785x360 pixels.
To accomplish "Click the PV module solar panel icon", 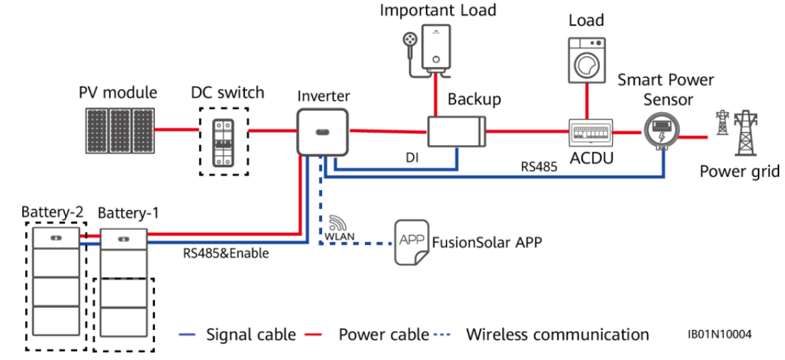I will [x=119, y=130].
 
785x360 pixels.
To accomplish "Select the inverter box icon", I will [x=322, y=131].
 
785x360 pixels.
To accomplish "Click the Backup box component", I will [x=456, y=131].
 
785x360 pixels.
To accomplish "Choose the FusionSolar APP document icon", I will [x=411, y=241].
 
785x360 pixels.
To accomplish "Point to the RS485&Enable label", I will [x=226, y=254].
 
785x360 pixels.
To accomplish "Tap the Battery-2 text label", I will [x=52, y=212].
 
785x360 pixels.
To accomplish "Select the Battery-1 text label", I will [x=128, y=213].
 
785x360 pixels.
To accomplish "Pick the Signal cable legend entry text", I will [x=251, y=334].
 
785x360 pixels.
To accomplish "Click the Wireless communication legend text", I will [x=557, y=334].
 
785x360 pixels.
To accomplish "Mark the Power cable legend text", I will [x=384, y=334].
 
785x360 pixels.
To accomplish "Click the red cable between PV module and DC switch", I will [x=177, y=130].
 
